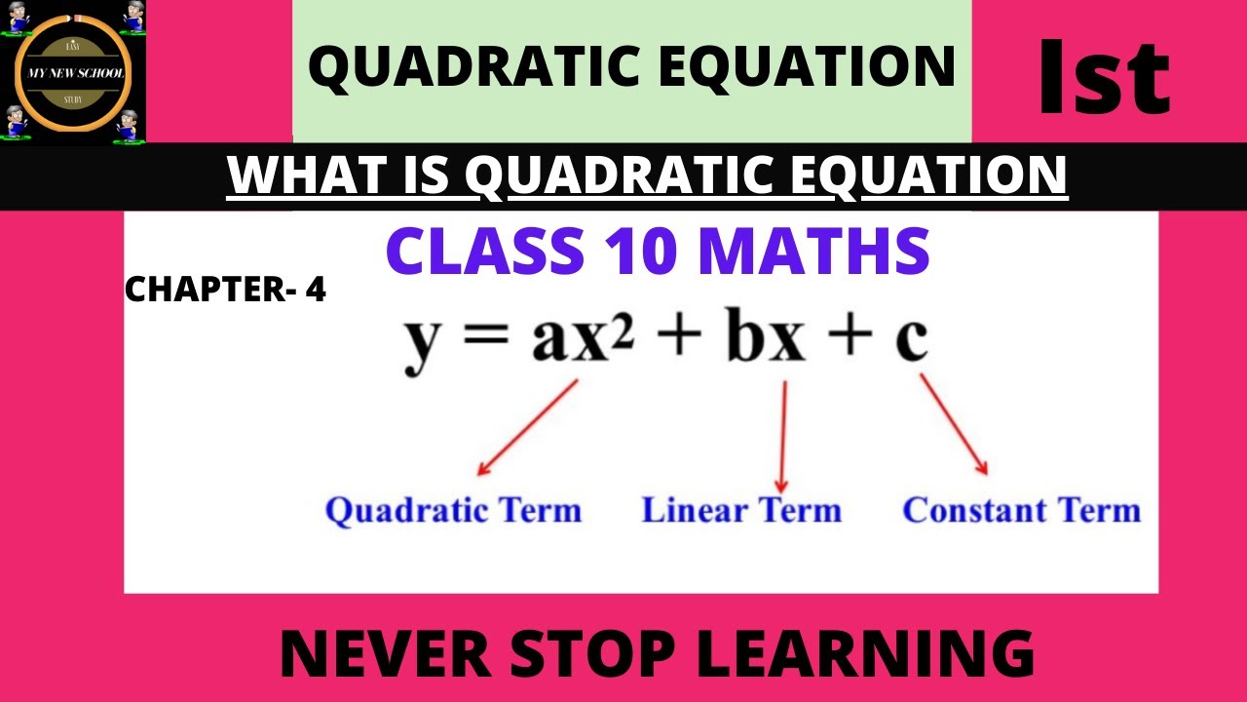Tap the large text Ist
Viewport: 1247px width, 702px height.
click(x=1104, y=77)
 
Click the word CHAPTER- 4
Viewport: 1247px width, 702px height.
click(x=225, y=290)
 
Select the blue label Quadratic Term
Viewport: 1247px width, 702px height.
click(x=453, y=511)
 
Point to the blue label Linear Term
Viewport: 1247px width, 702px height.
click(x=740, y=510)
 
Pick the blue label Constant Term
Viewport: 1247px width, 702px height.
click(x=1021, y=510)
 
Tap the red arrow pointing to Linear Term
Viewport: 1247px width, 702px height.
click(x=781, y=436)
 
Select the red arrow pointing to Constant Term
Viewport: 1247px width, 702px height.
click(x=954, y=426)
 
